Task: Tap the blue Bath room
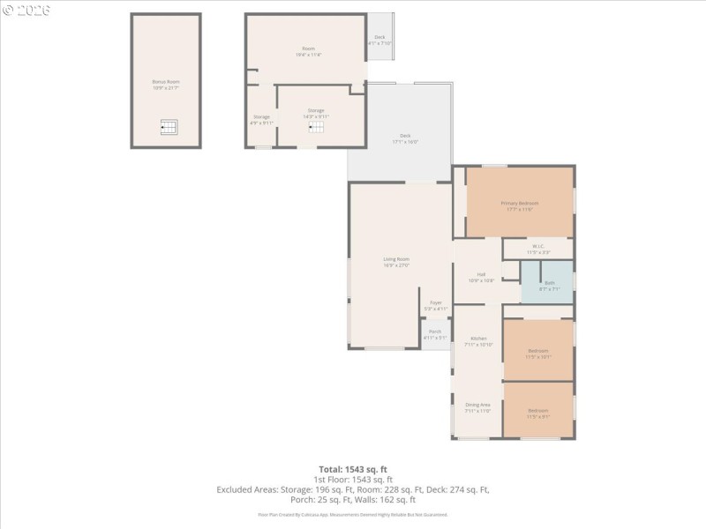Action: point(548,284)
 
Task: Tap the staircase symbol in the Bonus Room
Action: point(168,128)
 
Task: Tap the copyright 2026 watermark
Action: point(26,10)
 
